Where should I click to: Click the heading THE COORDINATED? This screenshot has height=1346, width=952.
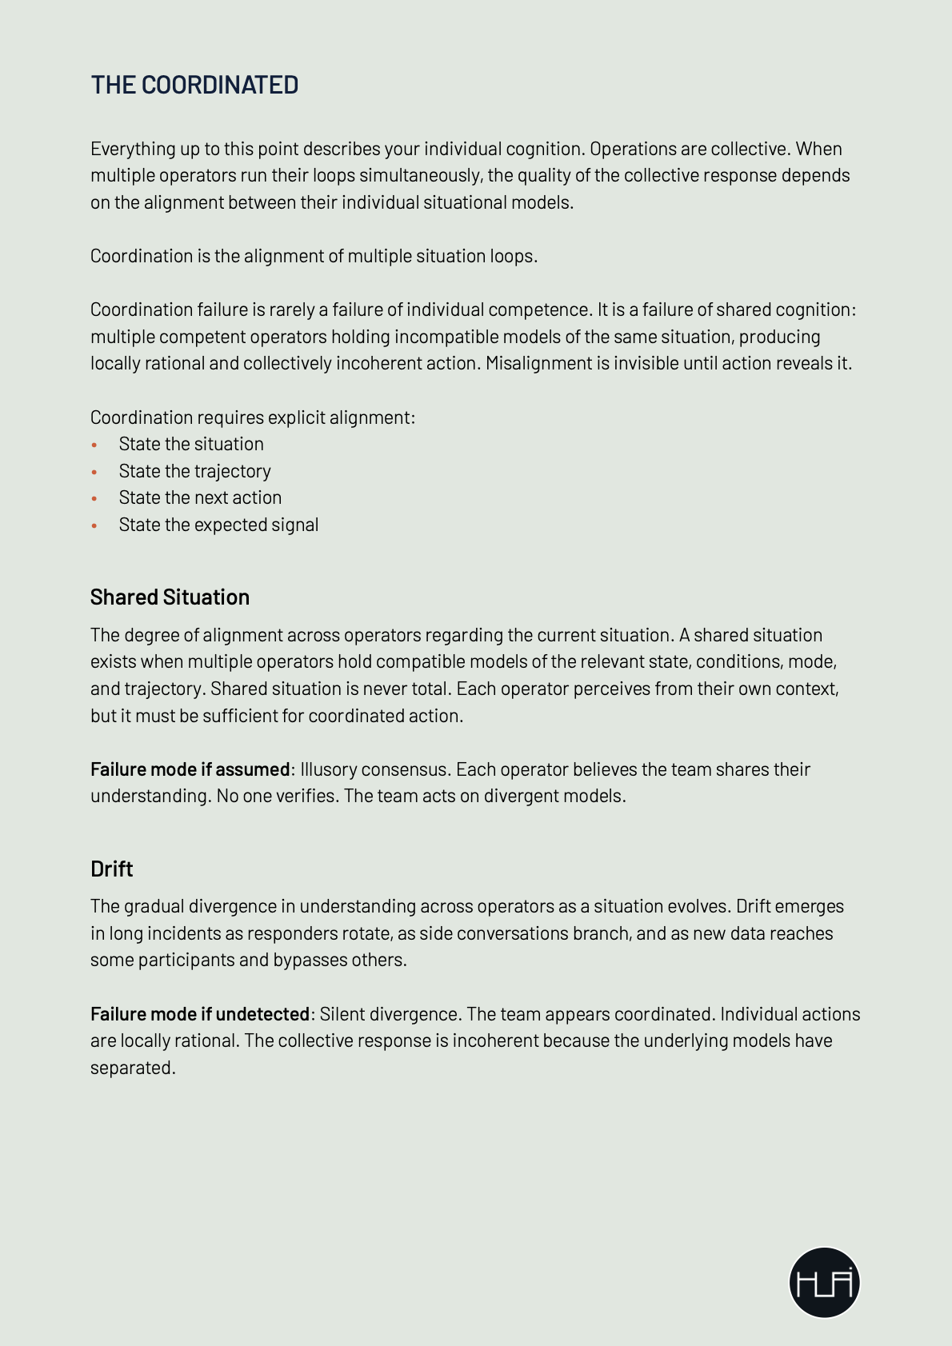click(194, 85)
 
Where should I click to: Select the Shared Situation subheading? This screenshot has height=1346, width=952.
click(170, 597)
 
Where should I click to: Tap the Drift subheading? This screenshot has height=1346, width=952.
click(111, 869)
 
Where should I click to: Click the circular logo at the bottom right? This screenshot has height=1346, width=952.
click(824, 1282)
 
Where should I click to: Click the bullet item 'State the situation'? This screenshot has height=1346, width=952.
click(191, 444)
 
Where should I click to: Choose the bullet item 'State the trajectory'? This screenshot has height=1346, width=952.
click(194, 471)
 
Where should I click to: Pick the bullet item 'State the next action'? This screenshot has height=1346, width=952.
click(200, 497)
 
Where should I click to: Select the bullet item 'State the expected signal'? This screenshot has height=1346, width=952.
click(218, 525)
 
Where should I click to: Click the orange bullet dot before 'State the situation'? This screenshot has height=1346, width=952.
click(94, 445)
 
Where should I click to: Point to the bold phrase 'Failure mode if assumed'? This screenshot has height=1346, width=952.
click(190, 769)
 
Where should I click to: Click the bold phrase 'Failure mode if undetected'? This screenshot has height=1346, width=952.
click(199, 1014)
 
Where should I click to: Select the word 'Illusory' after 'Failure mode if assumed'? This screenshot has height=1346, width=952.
click(329, 769)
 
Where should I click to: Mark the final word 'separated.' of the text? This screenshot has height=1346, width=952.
click(133, 1068)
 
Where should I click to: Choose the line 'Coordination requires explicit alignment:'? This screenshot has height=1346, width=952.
click(253, 417)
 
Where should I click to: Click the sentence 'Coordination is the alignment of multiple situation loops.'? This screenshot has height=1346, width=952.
click(314, 256)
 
